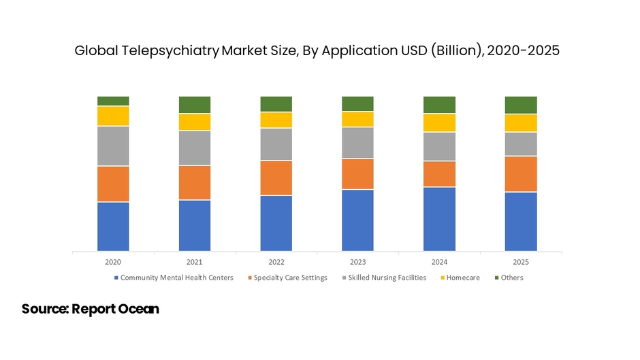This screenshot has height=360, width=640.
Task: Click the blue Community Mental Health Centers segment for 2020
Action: [x=113, y=227]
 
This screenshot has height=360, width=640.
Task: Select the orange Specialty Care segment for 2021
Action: [x=195, y=182]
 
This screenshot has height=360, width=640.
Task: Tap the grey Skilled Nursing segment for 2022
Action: [x=276, y=144]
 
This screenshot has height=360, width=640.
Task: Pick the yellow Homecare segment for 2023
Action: [x=357, y=119]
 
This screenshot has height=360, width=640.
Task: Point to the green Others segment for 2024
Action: [x=439, y=105]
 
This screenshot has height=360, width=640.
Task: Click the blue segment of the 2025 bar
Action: [x=521, y=222]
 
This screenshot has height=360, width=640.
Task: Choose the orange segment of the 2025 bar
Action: [x=521, y=174]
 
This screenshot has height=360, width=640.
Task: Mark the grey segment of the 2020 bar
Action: [x=113, y=146]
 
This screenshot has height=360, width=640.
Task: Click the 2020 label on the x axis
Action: [x=113, y=262]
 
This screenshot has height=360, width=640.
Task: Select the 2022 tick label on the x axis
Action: [x=276, y=262]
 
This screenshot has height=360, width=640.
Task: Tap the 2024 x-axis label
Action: [x=439, y=262]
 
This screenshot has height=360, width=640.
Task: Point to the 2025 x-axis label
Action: [x=521, y=262]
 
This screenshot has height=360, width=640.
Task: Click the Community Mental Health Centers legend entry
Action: [x=176, y=278]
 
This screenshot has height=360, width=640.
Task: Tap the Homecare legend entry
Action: [x=463, y=278]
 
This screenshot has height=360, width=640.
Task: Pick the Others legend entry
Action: [x=511, y=278]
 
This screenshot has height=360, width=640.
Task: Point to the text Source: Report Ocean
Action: [x=90, y=309]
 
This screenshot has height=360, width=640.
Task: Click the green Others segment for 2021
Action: [x=195, y=105]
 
